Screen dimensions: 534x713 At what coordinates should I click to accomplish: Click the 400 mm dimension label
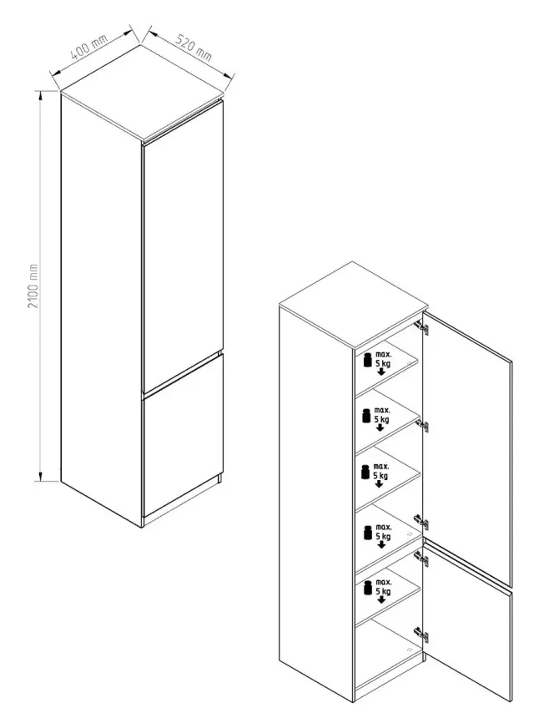[x=89, y=47]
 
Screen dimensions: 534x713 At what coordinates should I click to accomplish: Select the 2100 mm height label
[x=33, y=286]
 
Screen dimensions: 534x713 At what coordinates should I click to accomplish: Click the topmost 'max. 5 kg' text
[x=383, y=359]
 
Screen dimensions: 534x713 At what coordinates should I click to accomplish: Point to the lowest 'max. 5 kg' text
[x=383, y=587]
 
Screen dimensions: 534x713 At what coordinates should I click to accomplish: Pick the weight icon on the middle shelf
[x=365, y=471]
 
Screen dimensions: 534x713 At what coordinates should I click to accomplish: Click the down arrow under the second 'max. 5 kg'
[x=380, y=428]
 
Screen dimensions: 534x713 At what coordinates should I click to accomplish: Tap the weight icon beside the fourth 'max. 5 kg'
[x=368, y=533]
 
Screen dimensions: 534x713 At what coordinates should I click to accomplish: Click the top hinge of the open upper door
[x=421, y=327]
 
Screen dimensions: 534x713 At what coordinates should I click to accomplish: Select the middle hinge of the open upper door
[x=422, y=426]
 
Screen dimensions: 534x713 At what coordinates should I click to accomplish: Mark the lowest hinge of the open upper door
[x=421, y=523]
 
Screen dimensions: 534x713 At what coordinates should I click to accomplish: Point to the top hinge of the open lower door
[x=421, y=559]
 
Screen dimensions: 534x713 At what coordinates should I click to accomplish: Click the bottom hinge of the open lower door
[x=421, y=635]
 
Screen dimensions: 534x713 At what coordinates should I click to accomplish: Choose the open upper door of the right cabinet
[x=467, y=448]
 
